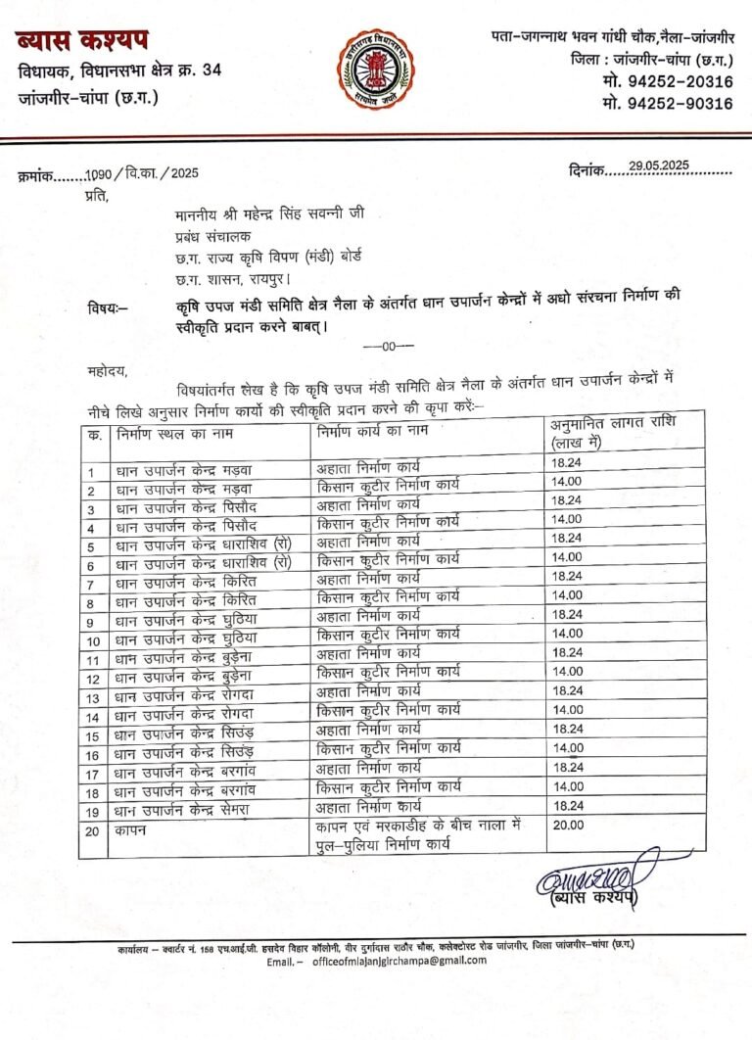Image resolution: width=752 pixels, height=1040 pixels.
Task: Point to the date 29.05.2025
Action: [662, 166]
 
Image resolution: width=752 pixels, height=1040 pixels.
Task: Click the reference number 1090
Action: [99, 173]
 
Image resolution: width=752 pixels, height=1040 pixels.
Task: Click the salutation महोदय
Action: [107, 369]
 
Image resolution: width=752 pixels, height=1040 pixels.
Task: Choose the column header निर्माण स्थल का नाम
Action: [175, 431]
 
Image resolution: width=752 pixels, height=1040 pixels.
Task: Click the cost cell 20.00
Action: [567, 825]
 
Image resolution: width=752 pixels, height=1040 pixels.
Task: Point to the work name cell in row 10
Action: [388, 633]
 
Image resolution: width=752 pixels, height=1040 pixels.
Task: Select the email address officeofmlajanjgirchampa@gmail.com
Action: [404, 961]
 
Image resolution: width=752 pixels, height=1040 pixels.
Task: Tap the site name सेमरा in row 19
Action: [242, 810]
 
